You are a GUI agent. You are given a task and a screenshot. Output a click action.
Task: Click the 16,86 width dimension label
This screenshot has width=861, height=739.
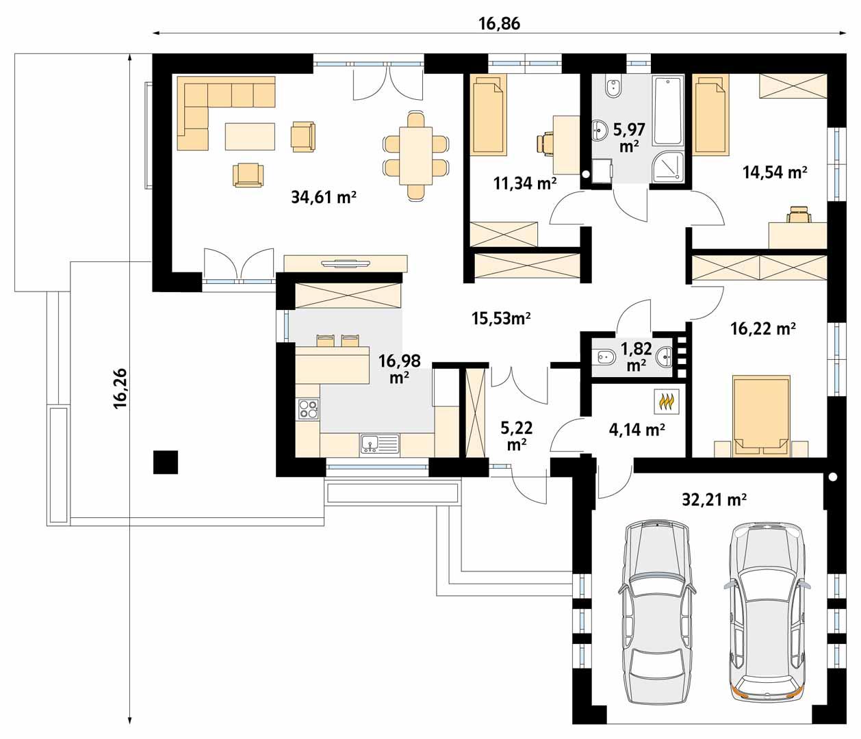click(x=499, y=23)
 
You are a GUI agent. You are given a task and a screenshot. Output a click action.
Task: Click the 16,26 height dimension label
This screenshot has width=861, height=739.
click(x=120, y=388)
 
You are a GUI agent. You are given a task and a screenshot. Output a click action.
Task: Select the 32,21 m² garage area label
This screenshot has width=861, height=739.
click(x=714, y=500)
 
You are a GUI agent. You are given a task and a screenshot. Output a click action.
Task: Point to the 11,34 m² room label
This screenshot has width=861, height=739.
click(x=524, y=183)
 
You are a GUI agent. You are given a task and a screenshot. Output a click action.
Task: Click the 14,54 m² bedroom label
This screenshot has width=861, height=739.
click(x=775, y=172)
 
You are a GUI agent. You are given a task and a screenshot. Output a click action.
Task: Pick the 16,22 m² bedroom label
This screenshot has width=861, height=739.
click(x=762, y=329)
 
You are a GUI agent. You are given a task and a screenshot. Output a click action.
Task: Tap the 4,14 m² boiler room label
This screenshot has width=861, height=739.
click(x=637, y=430)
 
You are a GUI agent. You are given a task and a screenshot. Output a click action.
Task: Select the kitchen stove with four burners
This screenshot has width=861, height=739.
click(x=307, y=409)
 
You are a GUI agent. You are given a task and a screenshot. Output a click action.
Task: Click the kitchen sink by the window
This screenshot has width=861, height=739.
click(x=379, y=445)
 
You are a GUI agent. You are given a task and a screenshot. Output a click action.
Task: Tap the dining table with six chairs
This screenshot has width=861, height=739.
click(x=416, y=155)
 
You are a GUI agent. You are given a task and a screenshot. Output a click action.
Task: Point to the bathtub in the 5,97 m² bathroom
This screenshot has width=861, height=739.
click(x=668, y=111)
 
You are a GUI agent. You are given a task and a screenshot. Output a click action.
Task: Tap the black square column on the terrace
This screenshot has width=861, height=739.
click(x=165, y=462)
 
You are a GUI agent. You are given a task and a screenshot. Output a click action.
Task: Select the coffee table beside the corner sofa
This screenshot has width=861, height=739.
click(x=250, y=136)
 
